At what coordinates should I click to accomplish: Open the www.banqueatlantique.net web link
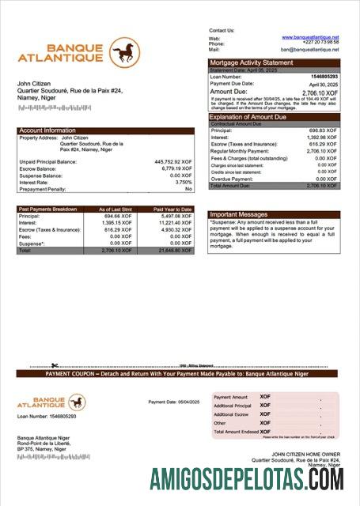point(310,37)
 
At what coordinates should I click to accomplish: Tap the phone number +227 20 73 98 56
point(320,43)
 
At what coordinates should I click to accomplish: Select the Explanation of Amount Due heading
point(252,117)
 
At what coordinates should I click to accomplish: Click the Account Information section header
point(47,130)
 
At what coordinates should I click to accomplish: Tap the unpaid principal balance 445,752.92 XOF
point(172,161)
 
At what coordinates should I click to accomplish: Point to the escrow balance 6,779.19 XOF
point(176,168)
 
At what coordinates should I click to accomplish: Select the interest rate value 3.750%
point(180,182)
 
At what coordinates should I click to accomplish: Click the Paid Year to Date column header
point(172,210)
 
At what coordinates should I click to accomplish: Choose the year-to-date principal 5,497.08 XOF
point(176,216)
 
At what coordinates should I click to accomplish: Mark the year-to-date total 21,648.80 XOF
point(174,250)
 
